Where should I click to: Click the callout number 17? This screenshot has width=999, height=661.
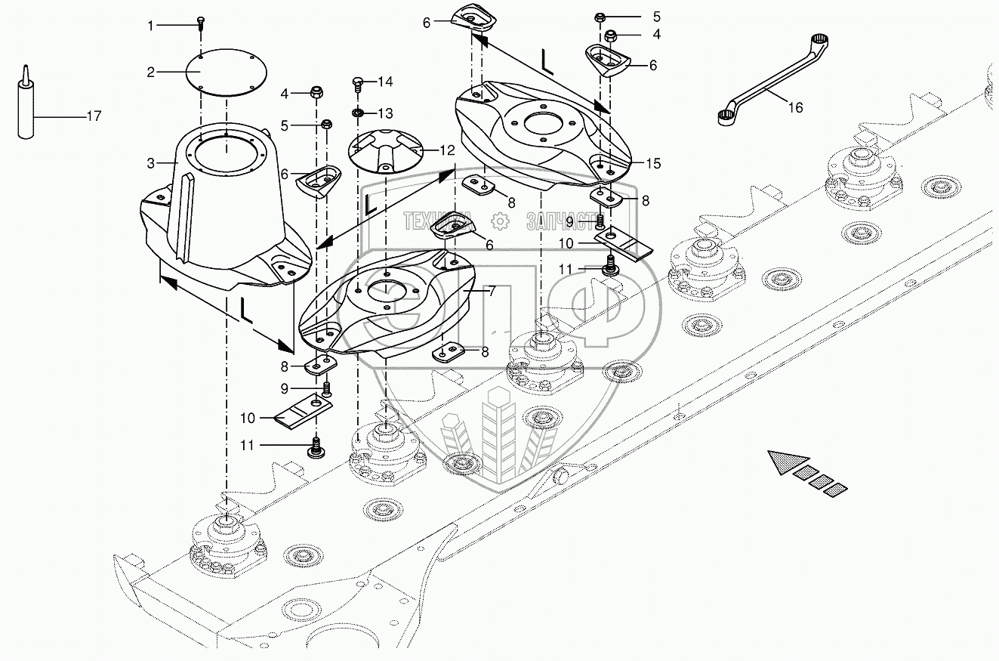coord(94,116)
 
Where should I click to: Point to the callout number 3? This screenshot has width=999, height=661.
coord(151,162)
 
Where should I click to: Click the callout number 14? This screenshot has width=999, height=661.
coord(386,81)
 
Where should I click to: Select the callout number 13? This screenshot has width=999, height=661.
coord(386,113)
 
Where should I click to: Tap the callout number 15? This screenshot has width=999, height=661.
coord(652,162)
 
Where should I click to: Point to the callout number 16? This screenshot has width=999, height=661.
coord(795,108)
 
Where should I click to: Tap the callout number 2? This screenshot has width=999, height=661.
coord(151,73)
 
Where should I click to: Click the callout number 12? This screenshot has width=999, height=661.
coord(448,150)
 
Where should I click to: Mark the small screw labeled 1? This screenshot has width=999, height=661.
coord(201,22)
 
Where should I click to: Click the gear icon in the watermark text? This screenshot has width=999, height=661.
coord(498,221)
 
